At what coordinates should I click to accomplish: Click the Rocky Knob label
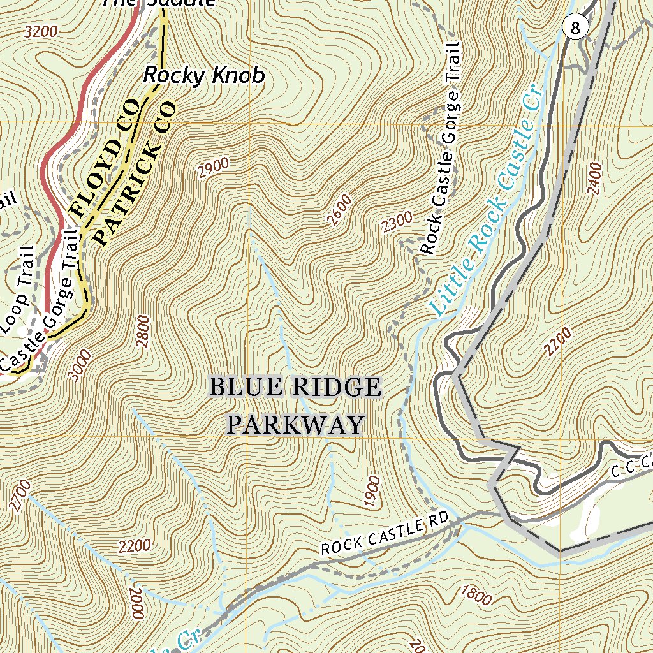click(x=203, y=75)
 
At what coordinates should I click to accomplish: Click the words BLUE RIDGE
click(x=295, y=387)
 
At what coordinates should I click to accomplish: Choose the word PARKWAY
click(x=296, y=425)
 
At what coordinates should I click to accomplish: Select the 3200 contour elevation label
click(x=41, y=31)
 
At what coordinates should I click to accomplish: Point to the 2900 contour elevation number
click(x=213, y=168)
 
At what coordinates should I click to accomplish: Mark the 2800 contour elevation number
click(x=143, y=332)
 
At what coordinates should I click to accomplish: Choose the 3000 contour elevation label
click(x=80, y=365)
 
